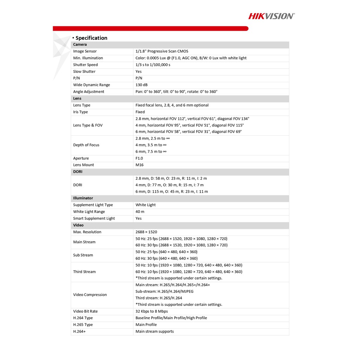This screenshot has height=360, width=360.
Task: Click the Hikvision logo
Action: click(x=271, y=16)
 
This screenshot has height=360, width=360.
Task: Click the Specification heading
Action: click(x=91, y=38)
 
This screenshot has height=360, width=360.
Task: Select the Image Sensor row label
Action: click(x=85, y=51)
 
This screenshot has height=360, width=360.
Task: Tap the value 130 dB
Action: click(x=141, y=85)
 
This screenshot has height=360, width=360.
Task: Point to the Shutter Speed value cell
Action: click(x=153, y=65)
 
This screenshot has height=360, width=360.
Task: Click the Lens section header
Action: click(x=77, y=98)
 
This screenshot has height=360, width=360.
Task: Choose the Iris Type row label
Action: click(x=81, y=112)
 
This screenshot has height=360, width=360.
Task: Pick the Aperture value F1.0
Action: click(x=139, y=158)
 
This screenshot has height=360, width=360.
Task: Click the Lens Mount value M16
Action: click(x=140, y=165)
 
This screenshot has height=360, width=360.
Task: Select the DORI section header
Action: click(x=78, y=172)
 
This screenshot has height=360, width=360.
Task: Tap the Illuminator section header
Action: click(x=83, y=198)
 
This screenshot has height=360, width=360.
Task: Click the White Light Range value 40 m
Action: click(x=140, y=212)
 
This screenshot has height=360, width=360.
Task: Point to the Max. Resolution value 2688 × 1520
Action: click(x=146, y=232)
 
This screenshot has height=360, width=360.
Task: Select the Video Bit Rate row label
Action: click(x=85, y=311)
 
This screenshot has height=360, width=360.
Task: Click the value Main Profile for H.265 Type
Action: click(x=146, y=324)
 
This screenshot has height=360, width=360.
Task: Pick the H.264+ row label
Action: click(x=79, y=331)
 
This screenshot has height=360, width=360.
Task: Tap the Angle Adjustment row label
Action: click(x=89, y=92)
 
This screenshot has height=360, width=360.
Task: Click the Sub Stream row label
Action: click(x=83, y=255)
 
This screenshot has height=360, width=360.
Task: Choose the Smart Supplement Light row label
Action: click(x=94, y=218)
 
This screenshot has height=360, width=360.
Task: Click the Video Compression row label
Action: click(x=90, y=295)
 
